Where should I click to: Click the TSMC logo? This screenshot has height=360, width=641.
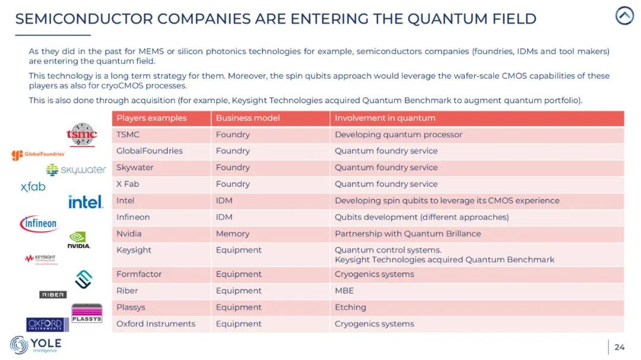[x=82, y=135]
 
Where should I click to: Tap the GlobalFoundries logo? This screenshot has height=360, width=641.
[x=38, y=155]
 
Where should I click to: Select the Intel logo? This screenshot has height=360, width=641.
[x=85, y=202]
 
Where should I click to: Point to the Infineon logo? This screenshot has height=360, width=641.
[x=39, y=224]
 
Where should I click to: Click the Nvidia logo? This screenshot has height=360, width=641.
[x=78, y=240]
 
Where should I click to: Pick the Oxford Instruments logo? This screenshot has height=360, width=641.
[x=47, y=324]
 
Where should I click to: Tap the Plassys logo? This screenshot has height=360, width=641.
[x=87, y=313]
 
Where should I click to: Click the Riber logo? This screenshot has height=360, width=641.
[x=53, y=295]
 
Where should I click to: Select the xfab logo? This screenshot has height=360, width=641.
[x=33, y=187]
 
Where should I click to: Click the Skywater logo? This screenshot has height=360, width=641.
[x=75, y=170]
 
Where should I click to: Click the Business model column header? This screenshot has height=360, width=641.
[x=247, y=118]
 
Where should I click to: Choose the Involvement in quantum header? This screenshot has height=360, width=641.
[x=385, y=118]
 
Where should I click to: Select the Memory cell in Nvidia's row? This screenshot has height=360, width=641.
[x=233, y=234]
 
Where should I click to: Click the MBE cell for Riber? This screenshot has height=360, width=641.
[x=344, y=291]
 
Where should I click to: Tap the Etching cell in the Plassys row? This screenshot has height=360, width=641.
[x=350, y=307]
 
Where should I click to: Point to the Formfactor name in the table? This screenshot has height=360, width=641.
[x=139, y=274]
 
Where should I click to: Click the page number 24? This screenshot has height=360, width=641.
[x=619, y=347]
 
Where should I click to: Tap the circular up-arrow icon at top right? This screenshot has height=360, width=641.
[x=624, y=16]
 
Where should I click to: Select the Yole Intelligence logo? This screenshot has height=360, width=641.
[x=36, y=345]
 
